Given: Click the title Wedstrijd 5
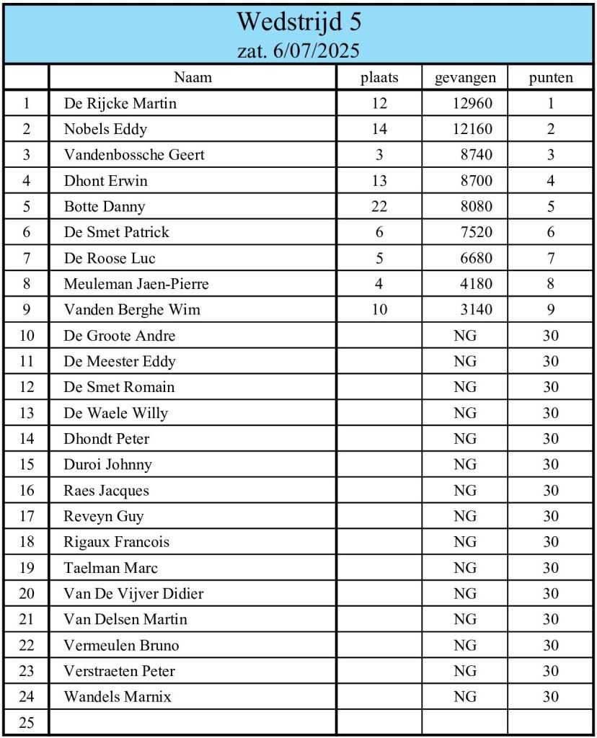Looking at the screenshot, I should [x=298, y=22].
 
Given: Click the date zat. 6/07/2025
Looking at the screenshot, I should [x=298, y=50].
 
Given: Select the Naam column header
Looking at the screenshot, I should [x=193, y=78].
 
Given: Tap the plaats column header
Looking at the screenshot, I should [x=379, y=78].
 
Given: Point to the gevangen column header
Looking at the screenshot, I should [x=465, y=78].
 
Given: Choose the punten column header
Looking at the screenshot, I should [x=551, y=78].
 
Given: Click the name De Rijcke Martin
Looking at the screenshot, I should [x=120, y=103].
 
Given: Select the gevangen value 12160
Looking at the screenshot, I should [x=472, y=129].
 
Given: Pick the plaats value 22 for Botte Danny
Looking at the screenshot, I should [x=379, y=206].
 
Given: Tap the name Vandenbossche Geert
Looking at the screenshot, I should [x=134, y=155].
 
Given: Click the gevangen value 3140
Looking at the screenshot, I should [x=477, y=310].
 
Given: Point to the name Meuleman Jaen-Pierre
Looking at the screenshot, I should [x=136, y=284].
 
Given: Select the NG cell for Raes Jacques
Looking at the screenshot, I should [x=465, y=491].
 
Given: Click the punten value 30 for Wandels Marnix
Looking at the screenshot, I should [x=551, y=697].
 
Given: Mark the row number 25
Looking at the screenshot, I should [x=27, y=723].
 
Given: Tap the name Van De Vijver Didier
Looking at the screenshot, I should [x=133, y=594].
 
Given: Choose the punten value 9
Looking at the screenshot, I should [x=551, y=310].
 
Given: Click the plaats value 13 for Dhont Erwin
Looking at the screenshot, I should [x=379, y=181].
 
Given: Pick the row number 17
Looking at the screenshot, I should [x=27, y=517].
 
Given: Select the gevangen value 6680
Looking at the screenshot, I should [x=477, y=258].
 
